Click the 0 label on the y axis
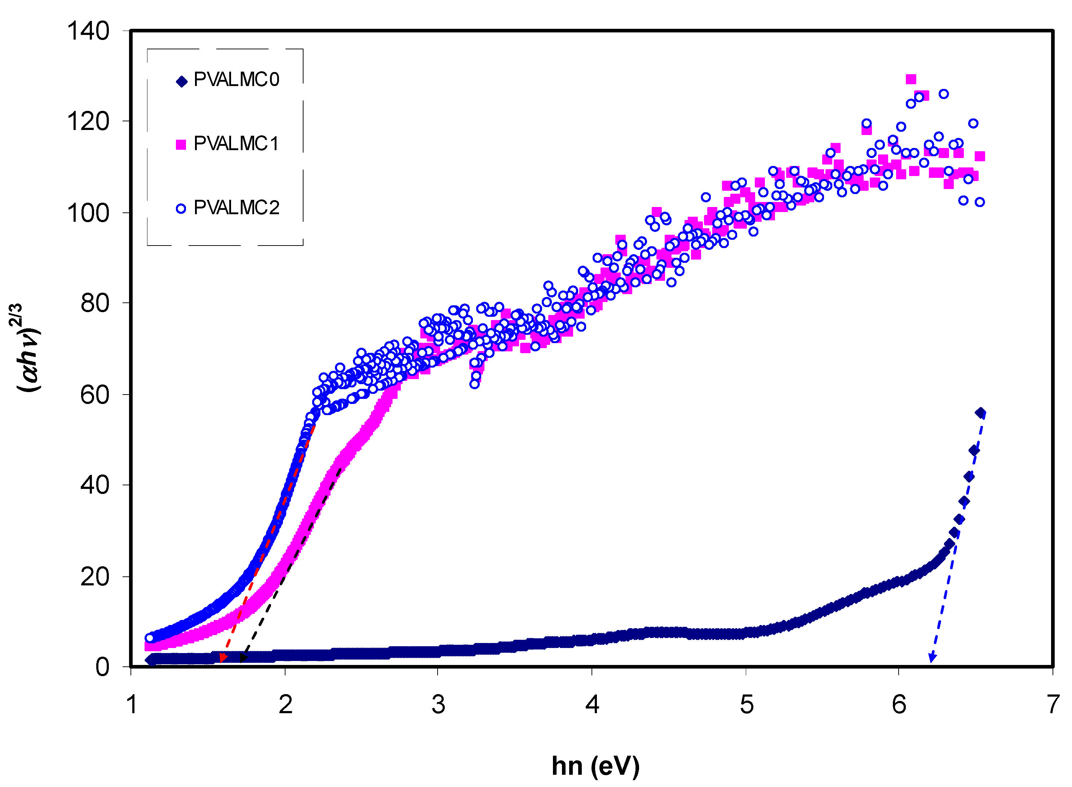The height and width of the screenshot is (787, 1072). coord(102,667)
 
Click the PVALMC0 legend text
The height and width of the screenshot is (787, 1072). coord(236,80)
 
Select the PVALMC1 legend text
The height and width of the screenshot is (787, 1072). coord(236,143)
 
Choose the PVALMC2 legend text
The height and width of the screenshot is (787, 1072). coord(236,208)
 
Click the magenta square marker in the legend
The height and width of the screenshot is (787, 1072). coord(181,144)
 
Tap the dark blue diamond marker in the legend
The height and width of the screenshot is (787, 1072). coord(182,81)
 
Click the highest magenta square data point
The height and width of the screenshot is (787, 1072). coord(911,79)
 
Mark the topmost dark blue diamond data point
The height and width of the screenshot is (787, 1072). coord(980,413)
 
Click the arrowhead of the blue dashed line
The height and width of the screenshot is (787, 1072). coord(931,659)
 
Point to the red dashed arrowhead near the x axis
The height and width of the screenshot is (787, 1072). coord(223,658)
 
